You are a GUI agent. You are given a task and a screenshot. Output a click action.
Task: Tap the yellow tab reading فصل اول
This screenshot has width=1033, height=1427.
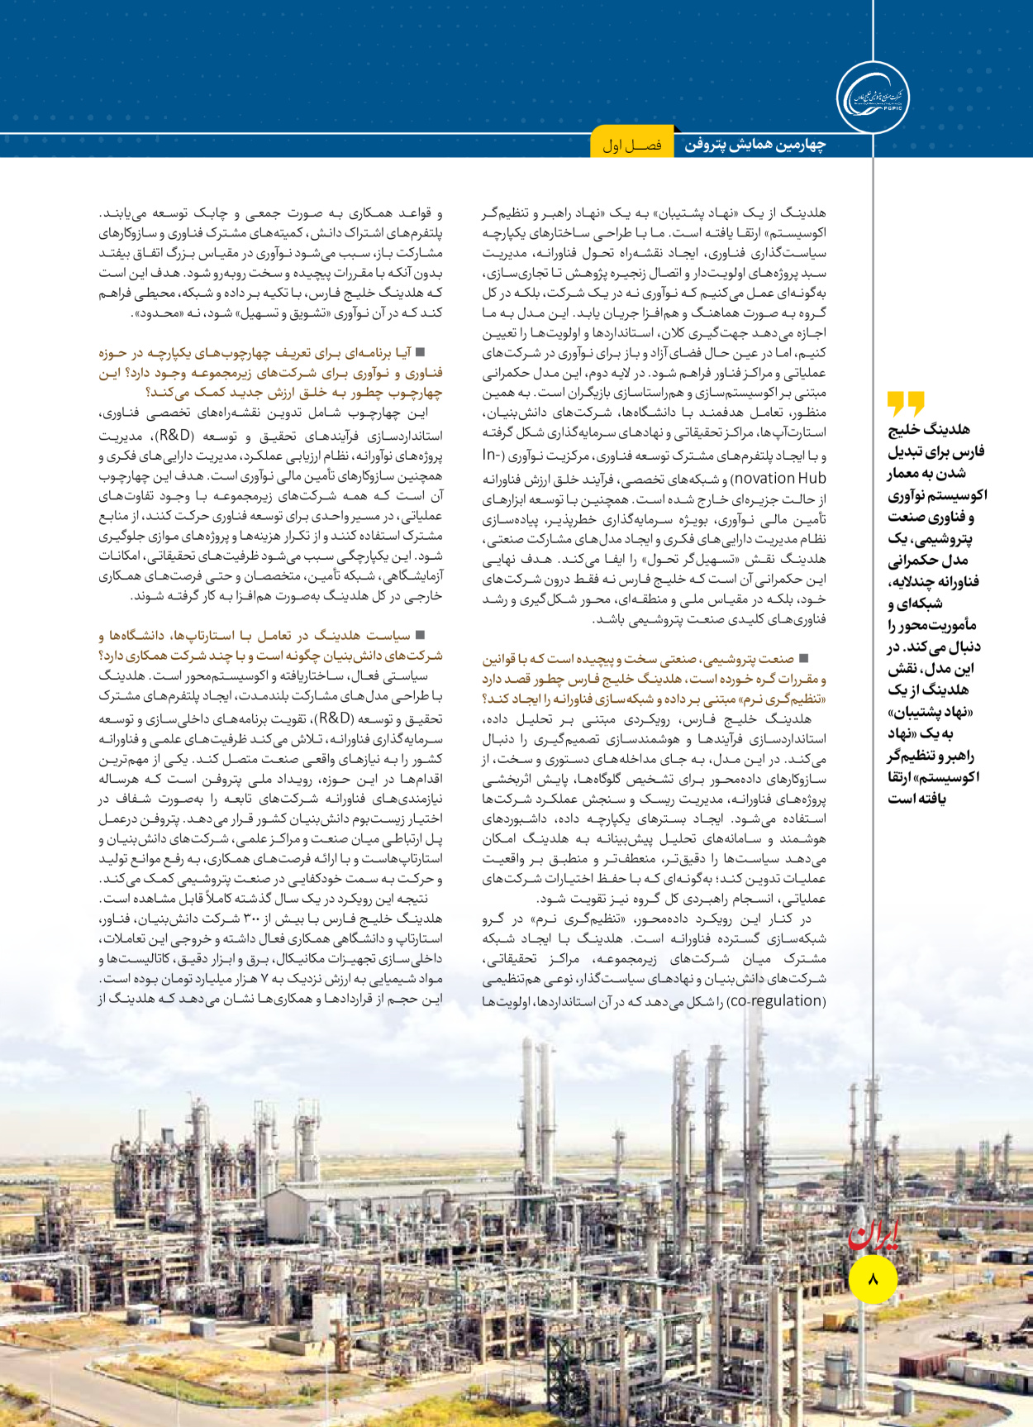click(632, 146)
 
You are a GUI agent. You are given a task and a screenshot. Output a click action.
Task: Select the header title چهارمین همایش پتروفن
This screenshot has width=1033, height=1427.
click(755, 146)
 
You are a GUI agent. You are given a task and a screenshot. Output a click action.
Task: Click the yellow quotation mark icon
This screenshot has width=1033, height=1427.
click(906, 403)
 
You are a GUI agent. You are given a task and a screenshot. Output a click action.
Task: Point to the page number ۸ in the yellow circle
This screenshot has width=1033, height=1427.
click(874, 1279)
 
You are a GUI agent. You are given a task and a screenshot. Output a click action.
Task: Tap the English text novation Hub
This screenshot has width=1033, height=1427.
click(779, 478)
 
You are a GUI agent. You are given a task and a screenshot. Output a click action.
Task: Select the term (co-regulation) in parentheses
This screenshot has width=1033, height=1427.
click(778, 1000)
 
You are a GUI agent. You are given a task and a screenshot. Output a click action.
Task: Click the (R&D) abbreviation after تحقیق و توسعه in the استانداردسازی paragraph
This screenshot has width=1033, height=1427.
click(176, 435)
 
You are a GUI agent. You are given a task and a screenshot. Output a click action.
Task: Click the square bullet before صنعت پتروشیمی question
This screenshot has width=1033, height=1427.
click(804, 658)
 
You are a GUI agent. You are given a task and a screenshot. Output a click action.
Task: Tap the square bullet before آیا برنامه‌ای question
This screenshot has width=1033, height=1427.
click(420, 352)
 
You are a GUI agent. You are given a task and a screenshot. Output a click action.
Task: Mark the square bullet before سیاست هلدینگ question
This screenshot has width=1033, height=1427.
click(420, 635)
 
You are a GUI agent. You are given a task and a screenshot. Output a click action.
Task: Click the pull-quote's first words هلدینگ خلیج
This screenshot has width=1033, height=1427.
click(929, 429)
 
